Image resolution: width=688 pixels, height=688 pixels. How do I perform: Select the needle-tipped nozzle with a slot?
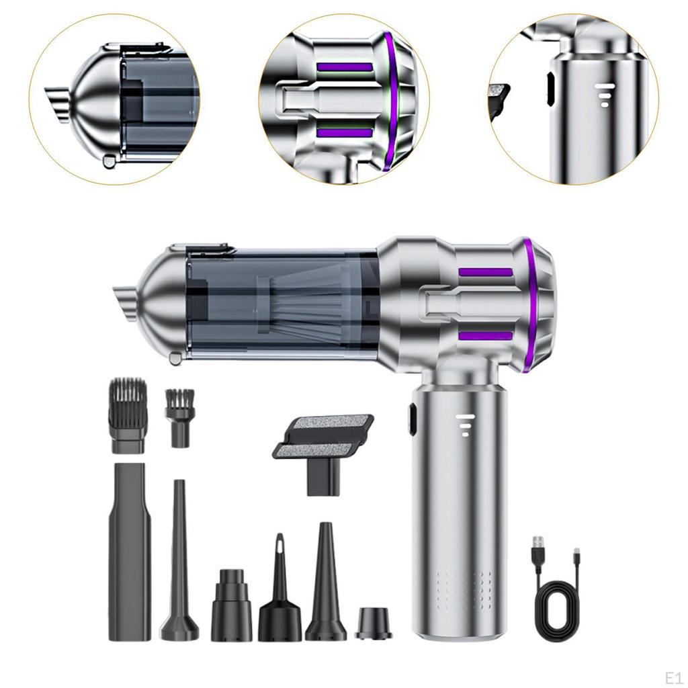coord(279,591)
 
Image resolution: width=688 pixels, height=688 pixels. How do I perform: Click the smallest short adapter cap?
coord(373,623)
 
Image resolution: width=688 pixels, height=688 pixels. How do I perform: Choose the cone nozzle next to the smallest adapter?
coord(326,585)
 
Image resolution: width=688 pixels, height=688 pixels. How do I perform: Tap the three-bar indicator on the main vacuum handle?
coord(464,425)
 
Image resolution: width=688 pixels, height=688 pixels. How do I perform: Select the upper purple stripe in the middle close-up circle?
coord(344,68)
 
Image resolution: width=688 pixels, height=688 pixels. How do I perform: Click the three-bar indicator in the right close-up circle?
coord(604,95)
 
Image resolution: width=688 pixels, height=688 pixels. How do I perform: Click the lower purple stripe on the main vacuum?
coord(485,335)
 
